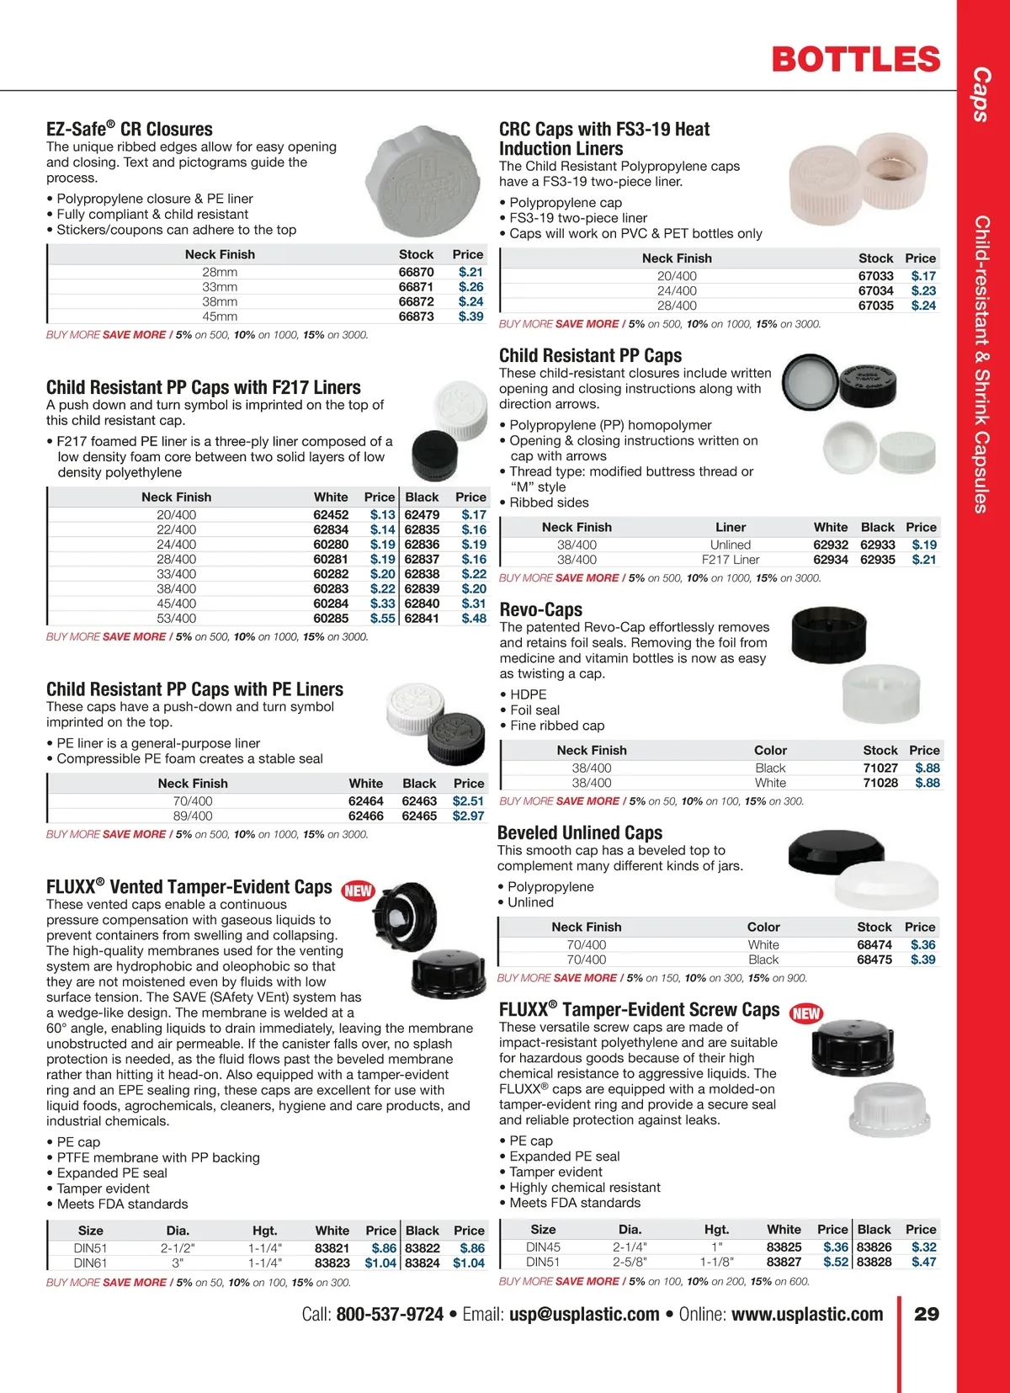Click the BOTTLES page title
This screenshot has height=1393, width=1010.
(855, 60)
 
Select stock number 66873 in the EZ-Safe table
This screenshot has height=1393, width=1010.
(416, 316)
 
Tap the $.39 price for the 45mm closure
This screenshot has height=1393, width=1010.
(470, 316)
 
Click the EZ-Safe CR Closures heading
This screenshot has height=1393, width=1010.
(130, 130)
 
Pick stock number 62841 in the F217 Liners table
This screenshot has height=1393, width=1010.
(422, 619)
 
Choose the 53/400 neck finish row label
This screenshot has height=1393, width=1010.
(176, 619)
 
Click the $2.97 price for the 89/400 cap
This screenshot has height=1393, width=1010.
(468, 816)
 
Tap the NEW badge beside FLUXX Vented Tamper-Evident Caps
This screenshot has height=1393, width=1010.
(358, 891)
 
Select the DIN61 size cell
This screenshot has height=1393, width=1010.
(90, 1263)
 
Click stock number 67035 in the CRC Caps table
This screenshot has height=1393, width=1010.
(875, 306)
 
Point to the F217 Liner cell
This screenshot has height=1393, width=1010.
(731, 560)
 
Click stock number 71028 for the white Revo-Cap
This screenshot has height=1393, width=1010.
(880, 783)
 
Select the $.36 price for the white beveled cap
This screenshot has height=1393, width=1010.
(922, 945)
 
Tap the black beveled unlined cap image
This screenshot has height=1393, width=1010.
(830, 852)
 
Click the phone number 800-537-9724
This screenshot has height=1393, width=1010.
(390, 1315)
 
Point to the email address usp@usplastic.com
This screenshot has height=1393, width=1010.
(584, 1315)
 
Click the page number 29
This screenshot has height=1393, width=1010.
(927, 1315)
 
